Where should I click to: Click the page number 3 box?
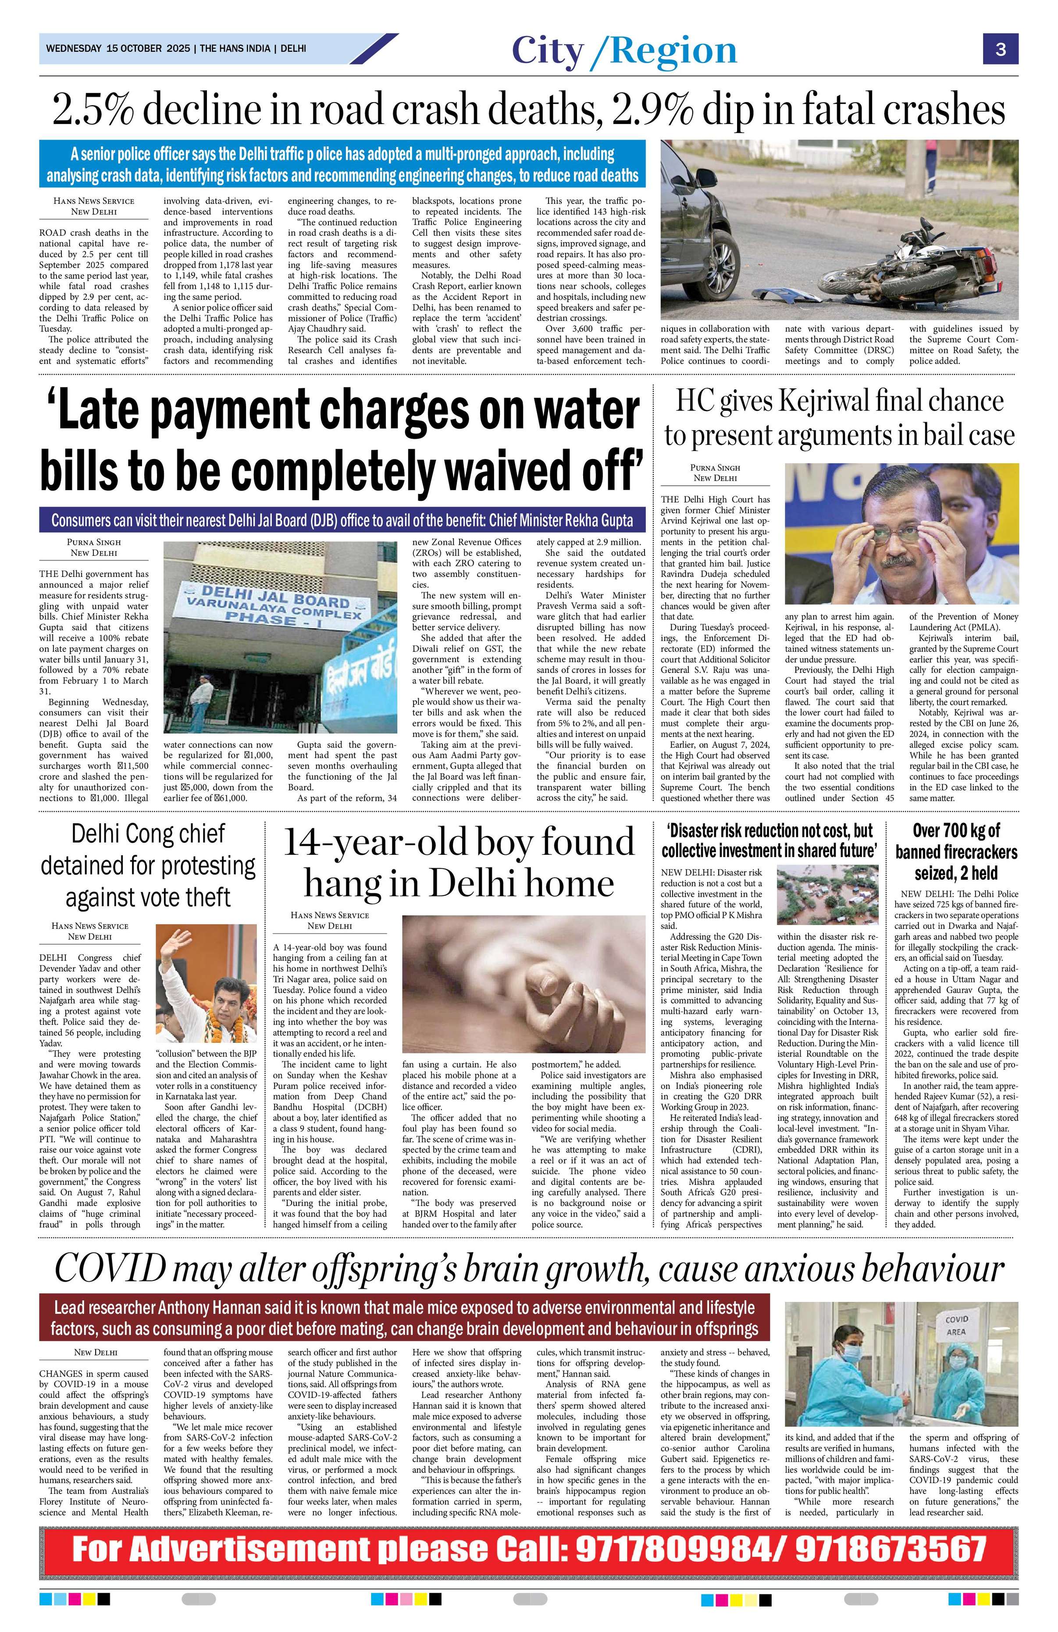tap(1001, 50)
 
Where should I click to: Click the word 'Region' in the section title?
tap(673, 51)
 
